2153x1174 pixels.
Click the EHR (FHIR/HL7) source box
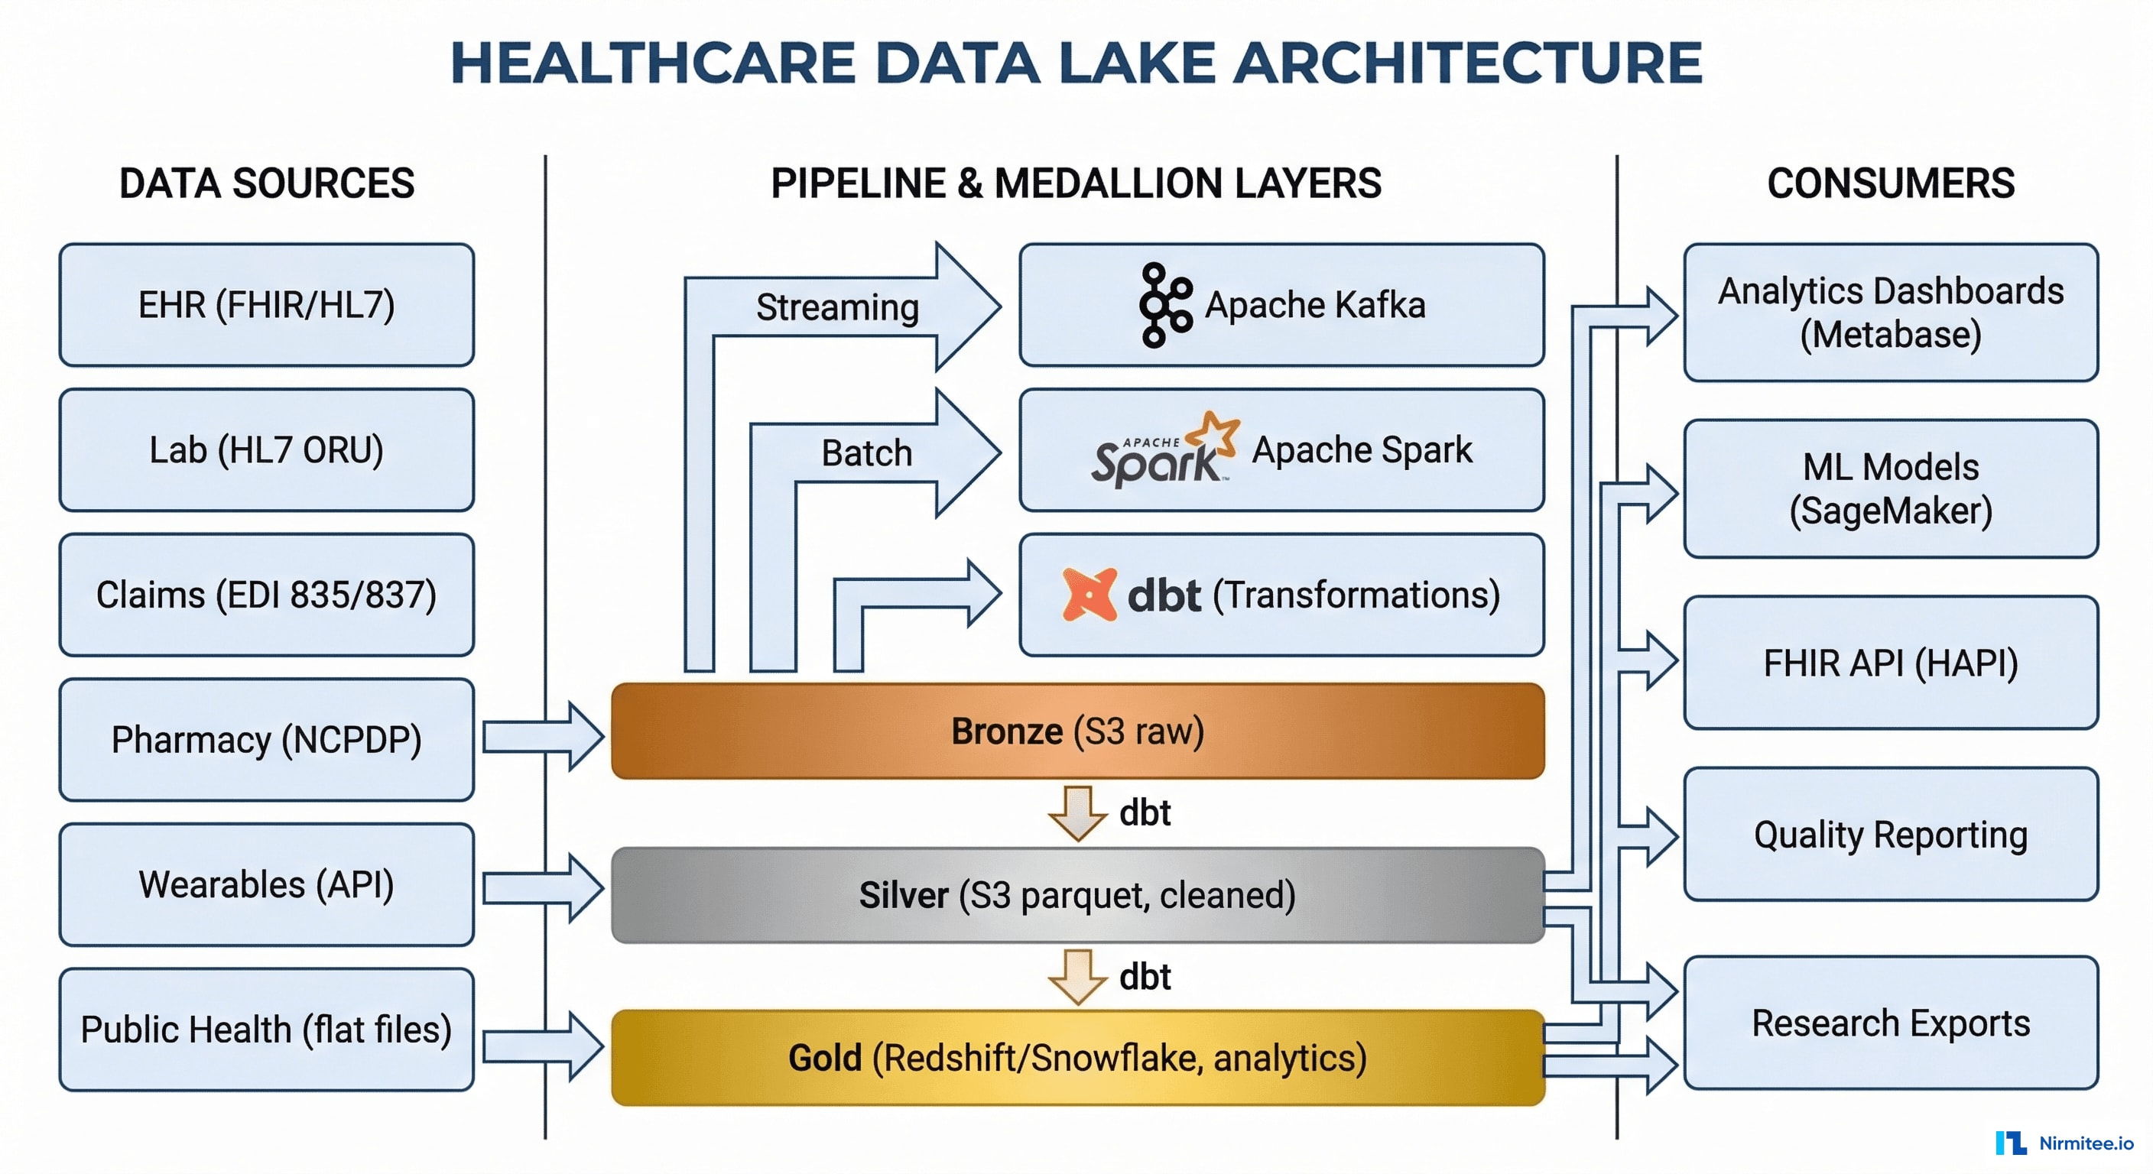[266, 305]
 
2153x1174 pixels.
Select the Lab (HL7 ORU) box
[266, 450]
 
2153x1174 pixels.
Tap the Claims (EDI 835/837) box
[266, 595]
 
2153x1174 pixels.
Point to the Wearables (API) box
[266, 885]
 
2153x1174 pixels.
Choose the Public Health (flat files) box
[266, 1030]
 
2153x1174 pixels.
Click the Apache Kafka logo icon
[1165, 305]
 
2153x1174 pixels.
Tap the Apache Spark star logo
[1213, 433]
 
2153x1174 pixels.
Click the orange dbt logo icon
[1088, 595]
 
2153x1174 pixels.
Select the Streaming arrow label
[836, 307]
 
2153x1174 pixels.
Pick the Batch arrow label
[866, 454]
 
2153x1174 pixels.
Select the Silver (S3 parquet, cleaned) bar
[1076, 895]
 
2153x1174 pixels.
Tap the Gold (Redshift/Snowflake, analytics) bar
[1076, 1058]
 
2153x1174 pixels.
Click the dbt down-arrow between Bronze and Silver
[1077, 812]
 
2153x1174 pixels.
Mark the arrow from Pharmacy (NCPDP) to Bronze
[544, 736]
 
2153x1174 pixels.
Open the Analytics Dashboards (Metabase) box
[1890, 313]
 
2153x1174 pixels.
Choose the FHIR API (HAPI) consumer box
[1890, 663]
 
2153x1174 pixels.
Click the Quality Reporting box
[1890, 835]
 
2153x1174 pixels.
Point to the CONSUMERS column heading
[1890, 183]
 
